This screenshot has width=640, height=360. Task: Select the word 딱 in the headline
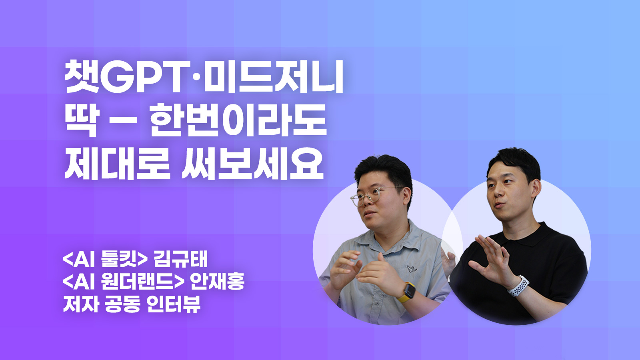tap(82, 120)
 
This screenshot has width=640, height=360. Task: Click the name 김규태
tap(180, 260)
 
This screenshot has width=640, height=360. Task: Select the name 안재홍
tap(218, 282)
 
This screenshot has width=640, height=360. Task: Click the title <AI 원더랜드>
tap(123, 282)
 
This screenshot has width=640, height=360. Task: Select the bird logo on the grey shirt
tap(412, 268)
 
